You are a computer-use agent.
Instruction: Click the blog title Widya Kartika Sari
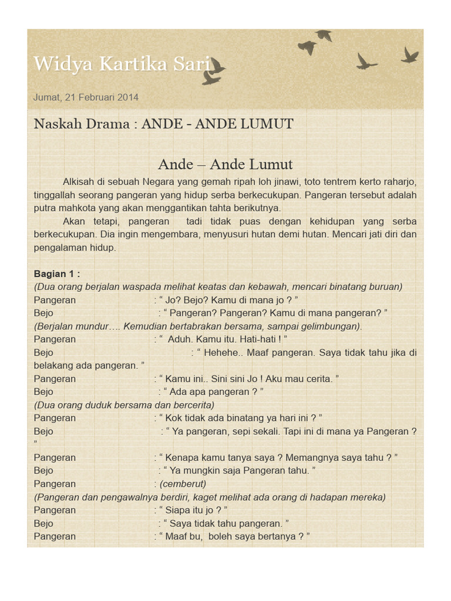[x=122, y=64]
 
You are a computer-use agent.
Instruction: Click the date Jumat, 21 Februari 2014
[x=86, y=97]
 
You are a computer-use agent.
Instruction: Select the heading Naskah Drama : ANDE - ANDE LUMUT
[x=163, y=124]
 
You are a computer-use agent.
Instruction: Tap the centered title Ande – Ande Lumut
[x=225, y=164]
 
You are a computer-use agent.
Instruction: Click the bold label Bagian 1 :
[x=57, y=274]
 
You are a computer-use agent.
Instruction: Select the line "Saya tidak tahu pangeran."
[x=228, y=523]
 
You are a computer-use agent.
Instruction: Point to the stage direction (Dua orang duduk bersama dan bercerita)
[x=124, y=405]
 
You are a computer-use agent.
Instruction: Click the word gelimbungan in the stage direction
[x=330, y=326]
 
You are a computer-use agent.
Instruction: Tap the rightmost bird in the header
[x=410, y=56]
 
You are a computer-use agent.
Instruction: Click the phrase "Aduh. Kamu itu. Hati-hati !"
[x=226, y=339]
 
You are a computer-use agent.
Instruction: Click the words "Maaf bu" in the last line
[x=184, y=536]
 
